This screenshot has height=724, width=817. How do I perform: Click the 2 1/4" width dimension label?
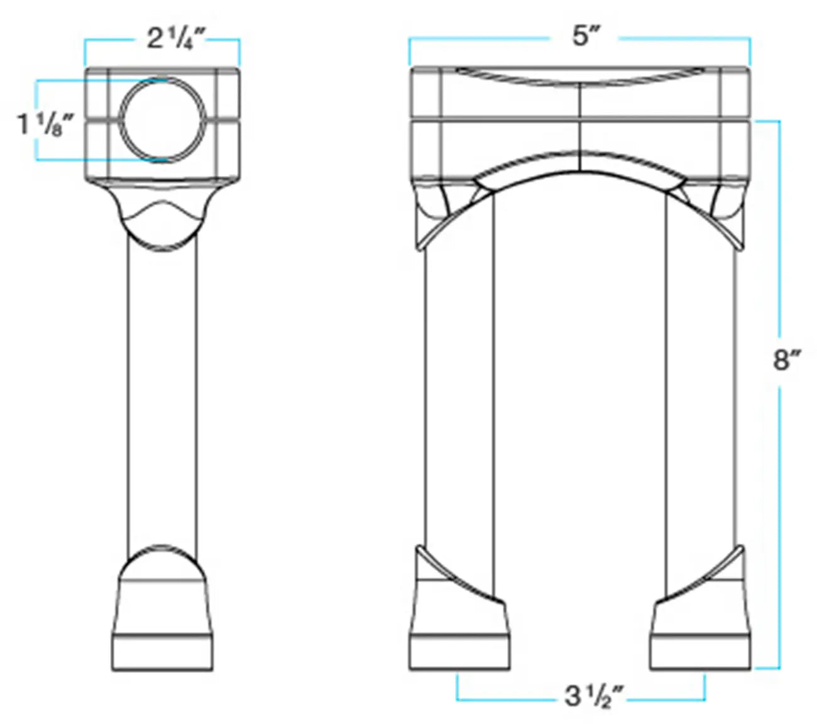pyautogui.click(x=176, y=39)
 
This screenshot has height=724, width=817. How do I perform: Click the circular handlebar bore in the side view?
pyautogui.click(x=162, y=119)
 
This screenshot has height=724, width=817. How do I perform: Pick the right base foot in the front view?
pyautogui.click(x=701, y=635)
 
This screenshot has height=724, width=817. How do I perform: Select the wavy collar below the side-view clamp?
pyautogui.click(x=162, y=214)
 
